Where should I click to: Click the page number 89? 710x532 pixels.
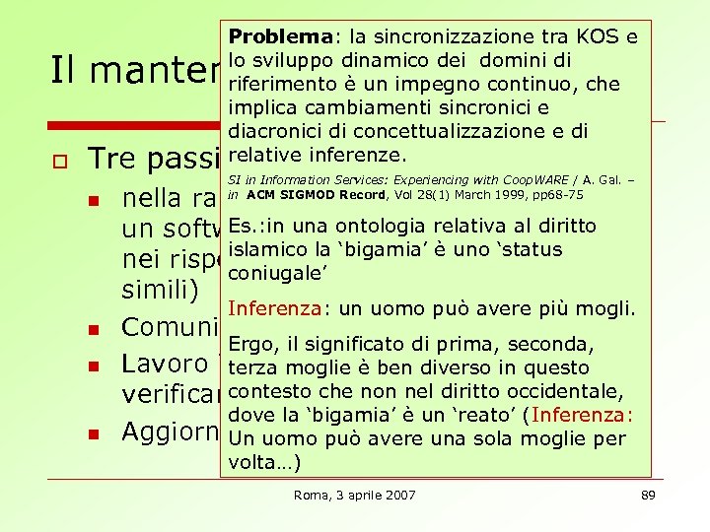tap(648, 495)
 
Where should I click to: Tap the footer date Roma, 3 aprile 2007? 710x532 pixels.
tap(355, 495)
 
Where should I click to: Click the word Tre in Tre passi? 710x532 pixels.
tap(107, 161)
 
